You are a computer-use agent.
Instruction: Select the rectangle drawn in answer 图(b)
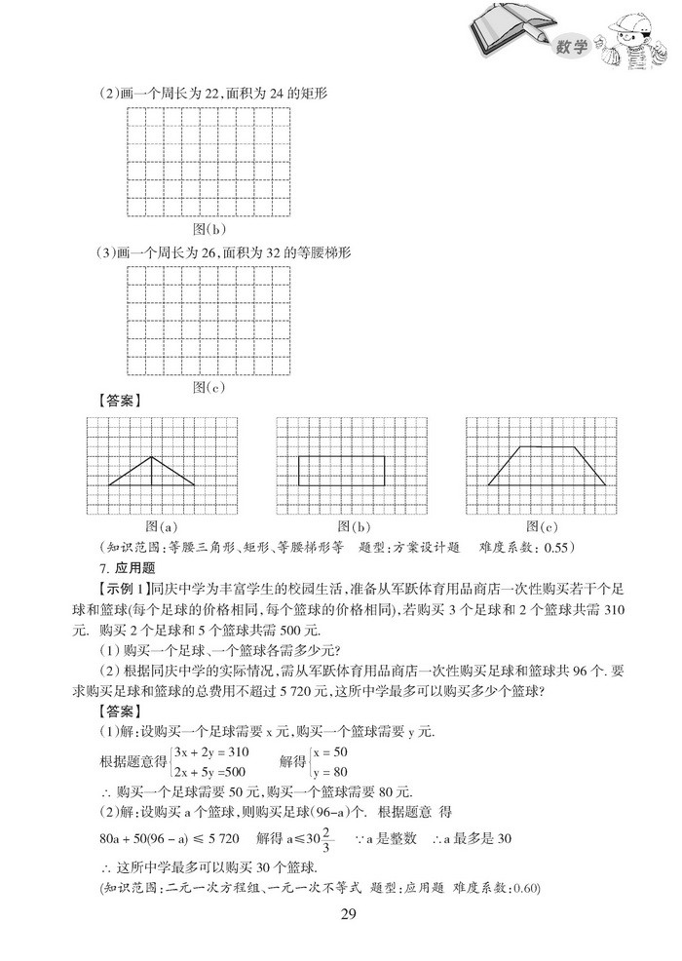click(341, 471)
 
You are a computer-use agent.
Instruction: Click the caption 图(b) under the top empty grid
click(208, 229)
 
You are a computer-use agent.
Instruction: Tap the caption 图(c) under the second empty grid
click(208, 386)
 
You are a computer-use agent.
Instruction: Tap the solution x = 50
click(330, 751)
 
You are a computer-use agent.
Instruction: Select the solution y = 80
click(330, 771)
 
